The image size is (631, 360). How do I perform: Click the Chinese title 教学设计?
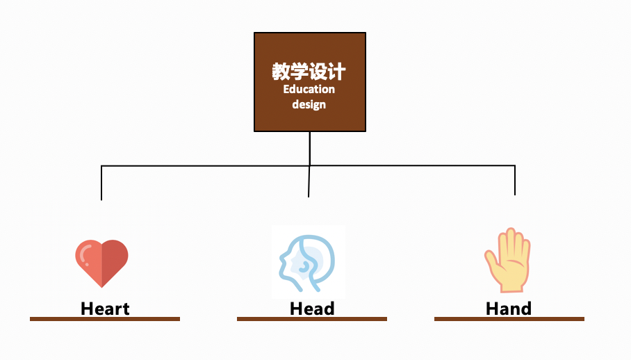(309, 72)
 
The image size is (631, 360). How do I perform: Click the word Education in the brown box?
(309, 90)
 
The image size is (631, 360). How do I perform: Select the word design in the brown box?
(309, 105)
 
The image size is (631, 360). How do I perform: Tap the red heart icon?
(101, 263)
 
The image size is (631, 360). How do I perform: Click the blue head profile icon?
(308, 261)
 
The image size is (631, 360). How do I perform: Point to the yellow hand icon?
(508, 261)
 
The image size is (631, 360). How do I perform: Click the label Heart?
(105, 309)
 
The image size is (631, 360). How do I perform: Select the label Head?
(312, 309)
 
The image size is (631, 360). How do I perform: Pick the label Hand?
(509, 309)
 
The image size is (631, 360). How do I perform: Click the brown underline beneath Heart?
(105, 319)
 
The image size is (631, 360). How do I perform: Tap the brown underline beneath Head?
(312, 319)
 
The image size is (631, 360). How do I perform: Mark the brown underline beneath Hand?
(509, 319)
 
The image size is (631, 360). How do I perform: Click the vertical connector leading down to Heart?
(101, 183)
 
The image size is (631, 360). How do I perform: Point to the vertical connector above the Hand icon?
(515, 180)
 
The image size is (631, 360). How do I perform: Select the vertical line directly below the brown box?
(310, 148)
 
